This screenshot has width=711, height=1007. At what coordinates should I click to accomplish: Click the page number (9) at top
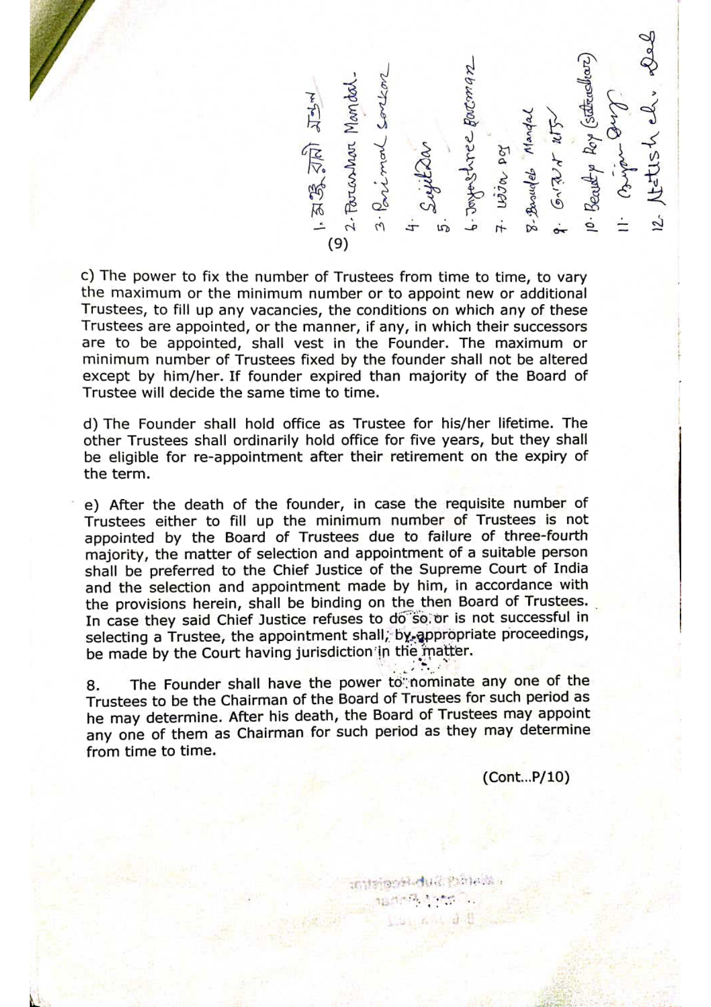[x=338, y=244]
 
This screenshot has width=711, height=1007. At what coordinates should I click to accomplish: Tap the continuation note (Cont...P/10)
[x=526, y=777]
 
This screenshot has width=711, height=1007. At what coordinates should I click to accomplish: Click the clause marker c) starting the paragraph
[x=88, y=277]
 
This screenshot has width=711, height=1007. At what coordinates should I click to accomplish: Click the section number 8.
[x=93, y=686]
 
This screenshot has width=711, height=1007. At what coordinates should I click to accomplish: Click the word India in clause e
[x=571, y=569]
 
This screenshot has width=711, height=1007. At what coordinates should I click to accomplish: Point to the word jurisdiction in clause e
[x=326, y=652]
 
